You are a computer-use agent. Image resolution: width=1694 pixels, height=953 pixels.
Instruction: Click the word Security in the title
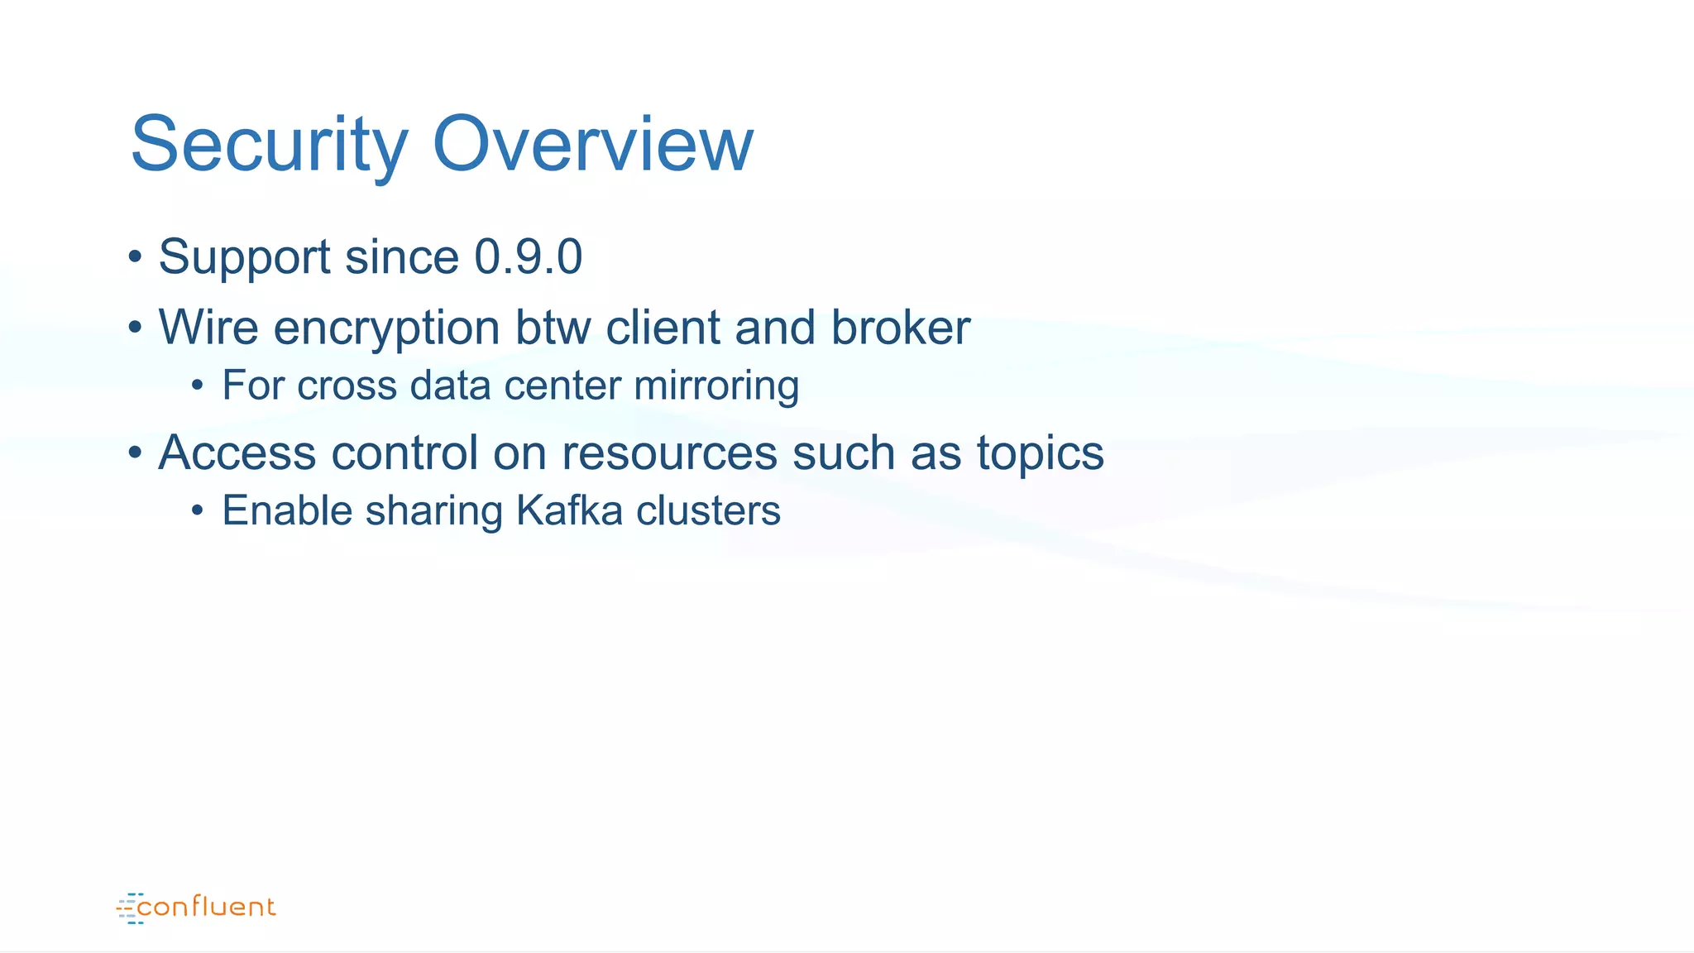click(269, 146)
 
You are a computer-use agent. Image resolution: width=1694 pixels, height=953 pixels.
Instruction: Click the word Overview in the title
click(592, 146)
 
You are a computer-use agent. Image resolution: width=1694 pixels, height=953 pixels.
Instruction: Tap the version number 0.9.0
click(528, 256)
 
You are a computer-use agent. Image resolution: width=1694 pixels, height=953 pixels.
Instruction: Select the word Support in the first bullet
click(244, 258)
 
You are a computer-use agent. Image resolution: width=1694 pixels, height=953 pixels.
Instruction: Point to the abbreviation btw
click(553, 328)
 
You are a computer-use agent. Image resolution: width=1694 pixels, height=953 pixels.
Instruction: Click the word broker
click(900, 328)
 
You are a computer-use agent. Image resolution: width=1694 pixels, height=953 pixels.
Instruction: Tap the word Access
click(237, 453)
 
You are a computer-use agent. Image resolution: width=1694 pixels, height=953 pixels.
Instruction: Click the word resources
click(669, 454)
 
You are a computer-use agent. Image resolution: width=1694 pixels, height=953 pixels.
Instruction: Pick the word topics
click(1040, 454)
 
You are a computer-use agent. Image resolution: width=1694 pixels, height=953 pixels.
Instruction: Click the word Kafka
click(569, 510)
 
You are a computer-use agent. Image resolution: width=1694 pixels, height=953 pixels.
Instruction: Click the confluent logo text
click(206, 908)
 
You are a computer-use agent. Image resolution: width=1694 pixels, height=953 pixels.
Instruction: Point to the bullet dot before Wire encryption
click(135, 328)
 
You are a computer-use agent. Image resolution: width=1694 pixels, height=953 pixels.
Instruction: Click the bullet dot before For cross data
click(197, 386)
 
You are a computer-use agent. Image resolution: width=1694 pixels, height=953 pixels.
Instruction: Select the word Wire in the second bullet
click(208, 328)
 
